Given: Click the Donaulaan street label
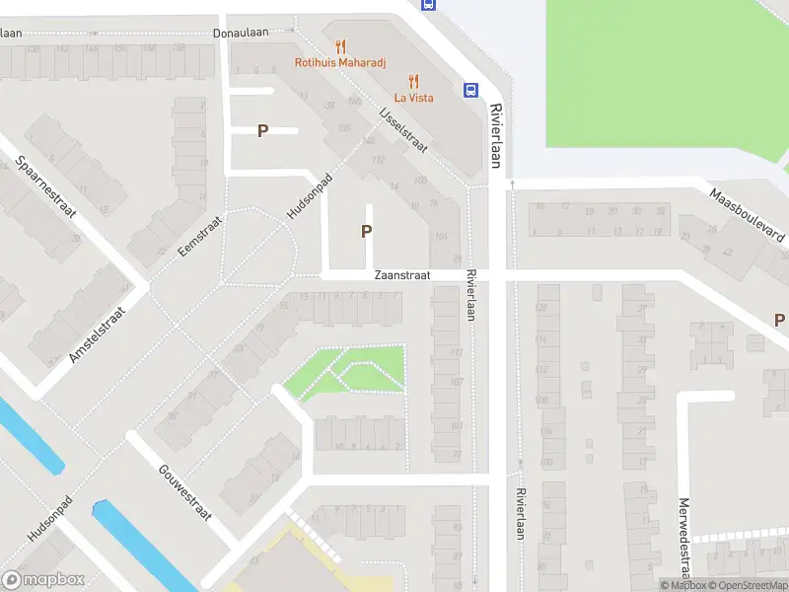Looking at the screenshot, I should (242, 33).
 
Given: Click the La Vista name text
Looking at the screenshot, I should (414, 98).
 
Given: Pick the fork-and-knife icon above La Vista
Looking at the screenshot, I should (414, 81).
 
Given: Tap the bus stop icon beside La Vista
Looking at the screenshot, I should (471, 91).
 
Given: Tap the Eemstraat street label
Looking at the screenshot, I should (201, 237).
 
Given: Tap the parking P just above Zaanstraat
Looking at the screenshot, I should (367, 232).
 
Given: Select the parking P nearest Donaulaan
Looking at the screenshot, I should (263, 130).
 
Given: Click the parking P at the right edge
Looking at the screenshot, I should (779, 320).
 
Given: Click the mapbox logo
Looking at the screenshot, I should (41, 580).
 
